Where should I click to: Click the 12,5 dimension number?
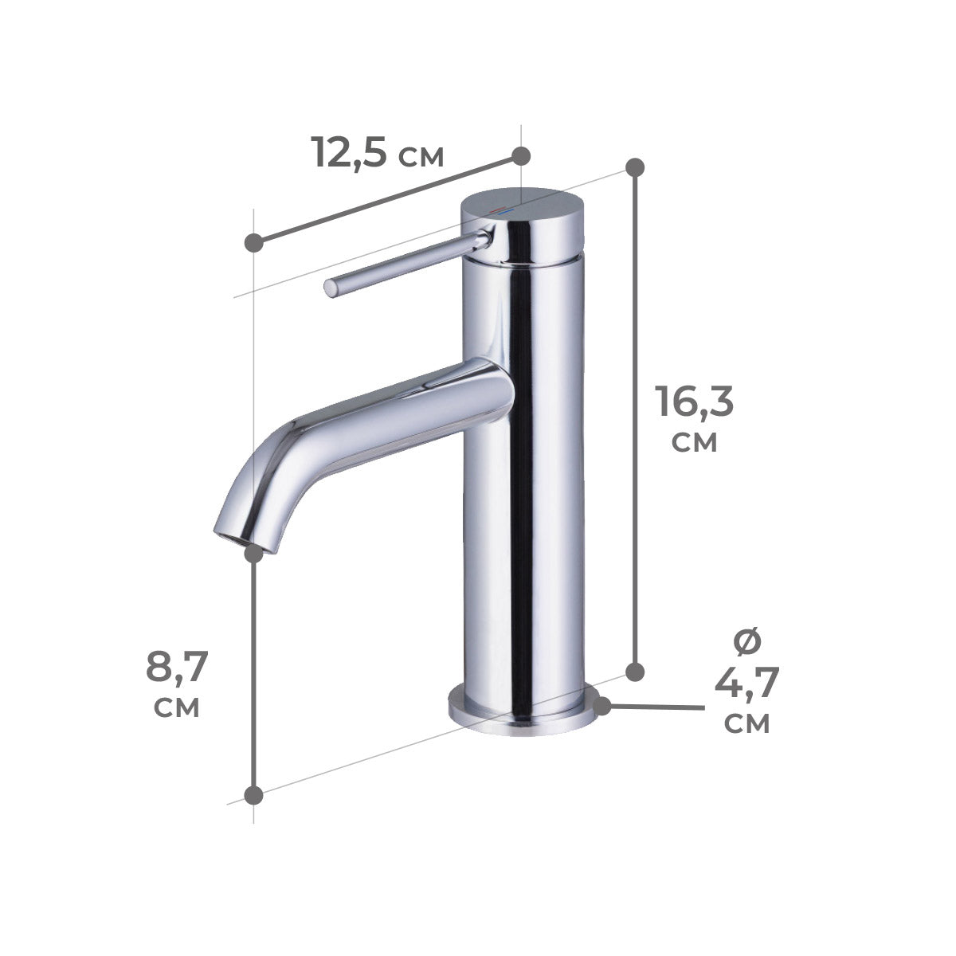pos(349,152)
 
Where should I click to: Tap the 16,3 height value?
pos(694,401)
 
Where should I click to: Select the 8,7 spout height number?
pos(177,667)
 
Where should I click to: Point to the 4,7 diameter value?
pos(746,683)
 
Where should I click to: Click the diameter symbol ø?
pos(746,642)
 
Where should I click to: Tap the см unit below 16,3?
pos(694,441)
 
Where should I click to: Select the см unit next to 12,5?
pos(421,156)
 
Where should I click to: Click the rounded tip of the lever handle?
pos(331,288)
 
